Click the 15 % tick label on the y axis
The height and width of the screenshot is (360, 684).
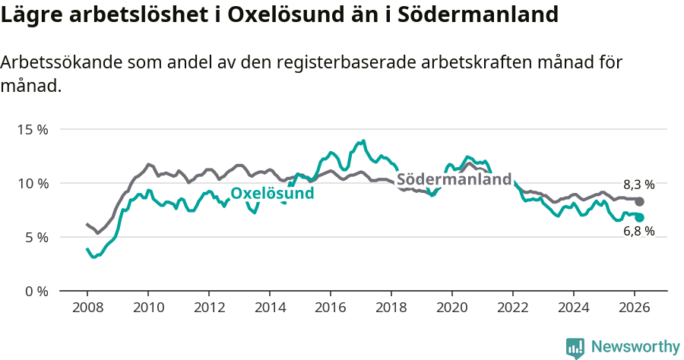(x=33, y=129)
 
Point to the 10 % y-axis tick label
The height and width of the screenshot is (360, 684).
(x=33, y=183)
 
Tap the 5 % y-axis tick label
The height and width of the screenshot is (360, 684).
(x=36, y=237)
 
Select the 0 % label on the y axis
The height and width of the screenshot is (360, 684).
(x=36, y=291)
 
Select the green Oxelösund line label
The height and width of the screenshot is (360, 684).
(x=272, y=194)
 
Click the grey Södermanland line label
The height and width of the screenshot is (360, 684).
(x=454, y=180)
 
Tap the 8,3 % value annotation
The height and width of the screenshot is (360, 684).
(x=638, y=185)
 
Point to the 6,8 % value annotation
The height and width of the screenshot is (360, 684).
(x=638, y=232)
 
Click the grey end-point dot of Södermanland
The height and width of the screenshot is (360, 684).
(x=640, y=201)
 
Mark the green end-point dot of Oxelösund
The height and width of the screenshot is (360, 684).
(x=640, y=218)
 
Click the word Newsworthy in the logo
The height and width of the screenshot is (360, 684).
(x=635, y=347)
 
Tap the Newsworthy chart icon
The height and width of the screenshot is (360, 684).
(x=575, y=348)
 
